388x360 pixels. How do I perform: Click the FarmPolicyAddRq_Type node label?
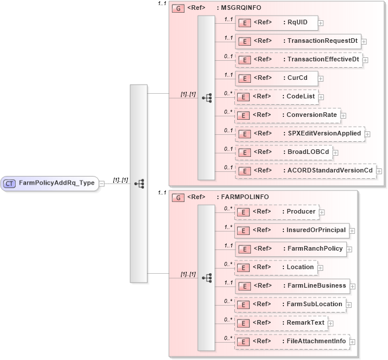tap(57, 183)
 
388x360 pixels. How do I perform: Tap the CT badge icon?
tap(10, 183)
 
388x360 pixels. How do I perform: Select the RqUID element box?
tap(276, 23)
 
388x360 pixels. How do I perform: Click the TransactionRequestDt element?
tap(297, 41)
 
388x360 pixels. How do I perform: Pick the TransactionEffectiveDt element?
tap(298, 60)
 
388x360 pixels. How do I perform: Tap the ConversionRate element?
tap(287, 115)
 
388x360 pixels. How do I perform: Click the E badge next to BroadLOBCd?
tap(245, 152)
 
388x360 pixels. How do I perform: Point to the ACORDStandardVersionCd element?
tap(305, 171)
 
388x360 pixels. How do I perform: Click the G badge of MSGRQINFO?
tap(178, 9)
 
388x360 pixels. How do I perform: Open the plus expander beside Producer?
tap(323, 212)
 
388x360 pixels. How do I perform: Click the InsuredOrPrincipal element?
tap(291, 230)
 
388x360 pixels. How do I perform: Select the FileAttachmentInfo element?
tap(291, 341)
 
